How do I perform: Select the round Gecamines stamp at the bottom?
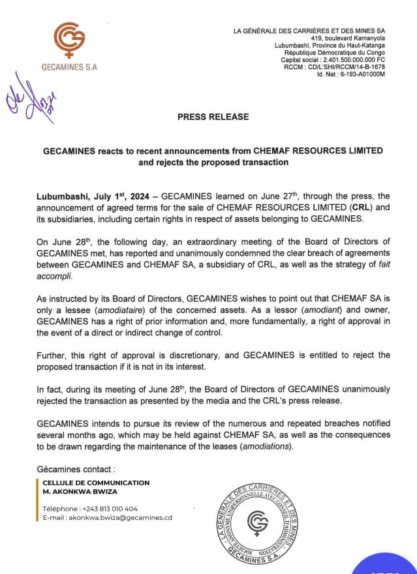257,522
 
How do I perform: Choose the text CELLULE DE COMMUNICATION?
96,483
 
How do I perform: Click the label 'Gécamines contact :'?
76,468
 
